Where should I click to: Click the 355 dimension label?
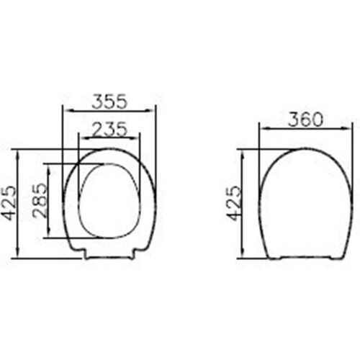click(109, 102)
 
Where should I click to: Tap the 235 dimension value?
click(109, 130)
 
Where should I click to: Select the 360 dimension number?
click(305, 120)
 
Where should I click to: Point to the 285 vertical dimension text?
click(40, 200)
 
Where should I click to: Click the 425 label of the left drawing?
click(11, 203)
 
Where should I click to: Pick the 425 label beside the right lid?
click(234, 203)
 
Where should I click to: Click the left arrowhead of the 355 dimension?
click(69, 111)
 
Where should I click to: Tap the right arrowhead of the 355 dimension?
click(149, 111)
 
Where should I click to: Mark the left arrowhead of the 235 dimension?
click(85, 138)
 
